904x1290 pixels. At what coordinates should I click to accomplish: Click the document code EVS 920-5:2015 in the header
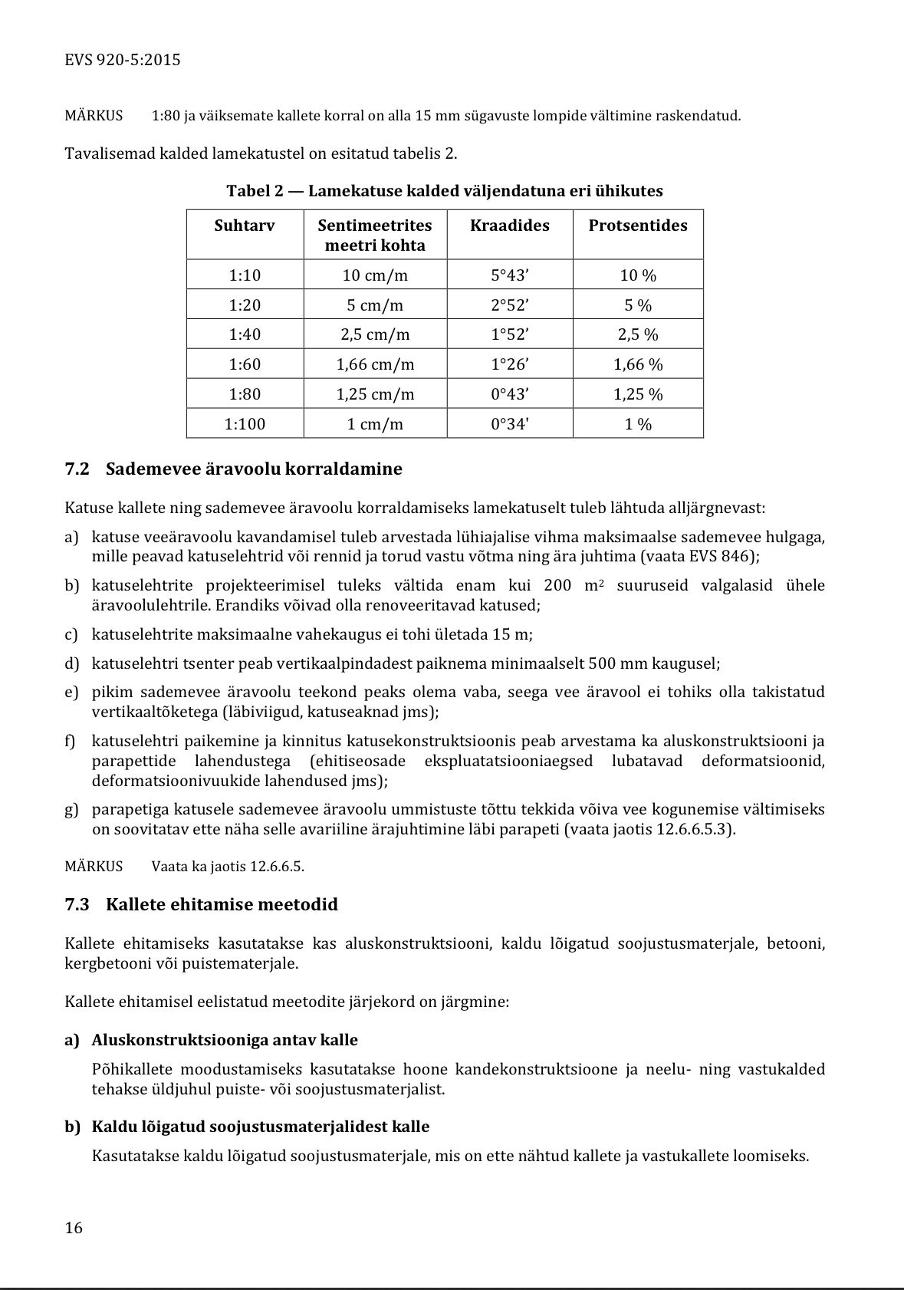123,60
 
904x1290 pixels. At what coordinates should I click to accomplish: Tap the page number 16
74,1228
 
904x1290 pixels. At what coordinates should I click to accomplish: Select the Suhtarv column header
245,225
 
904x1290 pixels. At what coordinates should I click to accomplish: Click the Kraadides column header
510,225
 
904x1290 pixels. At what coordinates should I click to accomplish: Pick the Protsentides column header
638,225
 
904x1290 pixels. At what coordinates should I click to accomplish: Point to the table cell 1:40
245,334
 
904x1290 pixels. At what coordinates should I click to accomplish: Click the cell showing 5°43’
510,275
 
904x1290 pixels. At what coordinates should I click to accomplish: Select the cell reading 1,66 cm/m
375,364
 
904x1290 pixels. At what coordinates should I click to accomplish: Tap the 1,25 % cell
638,394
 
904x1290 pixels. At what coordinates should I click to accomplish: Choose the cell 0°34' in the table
510,424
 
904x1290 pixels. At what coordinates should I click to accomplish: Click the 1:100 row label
245,424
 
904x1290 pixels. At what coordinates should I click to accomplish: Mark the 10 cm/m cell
375,275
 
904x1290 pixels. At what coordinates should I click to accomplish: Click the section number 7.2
77,469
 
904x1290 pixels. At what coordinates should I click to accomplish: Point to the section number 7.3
77,904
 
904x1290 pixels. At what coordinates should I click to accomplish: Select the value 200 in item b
557,586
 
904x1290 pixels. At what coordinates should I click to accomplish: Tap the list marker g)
72,809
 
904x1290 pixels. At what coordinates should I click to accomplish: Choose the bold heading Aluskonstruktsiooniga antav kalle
225,1040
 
